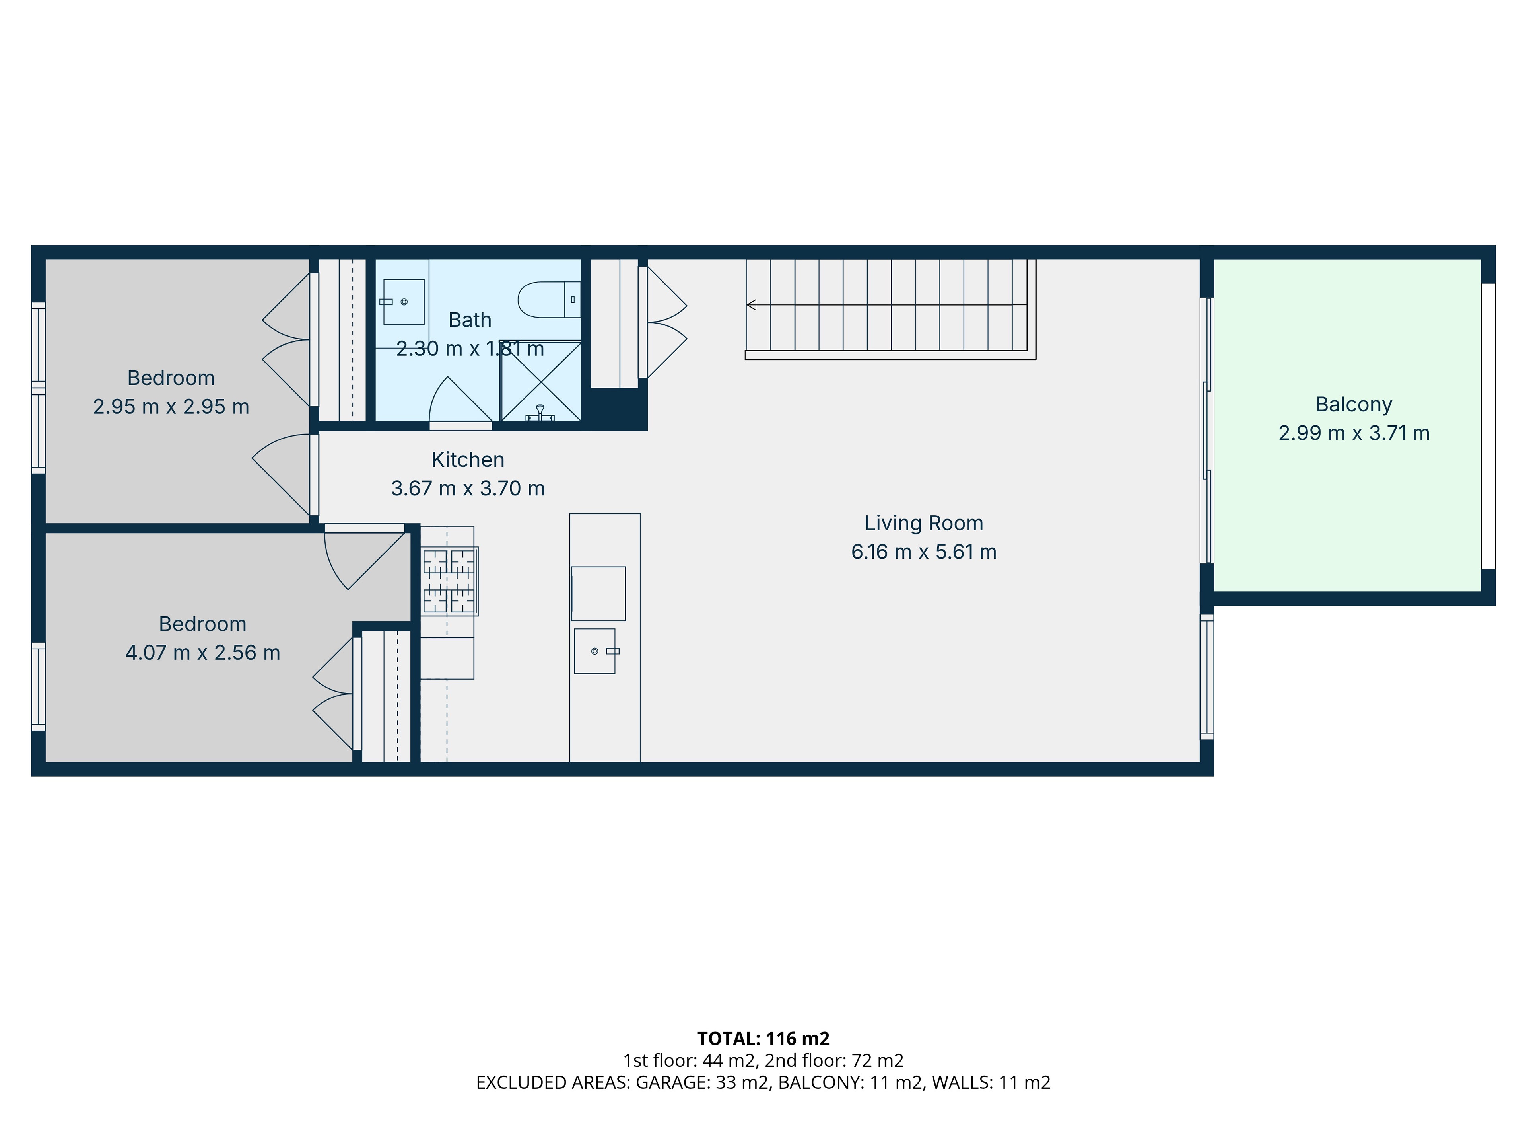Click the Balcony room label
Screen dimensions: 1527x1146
point(1353,404)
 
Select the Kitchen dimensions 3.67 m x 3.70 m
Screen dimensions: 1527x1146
point(468,488)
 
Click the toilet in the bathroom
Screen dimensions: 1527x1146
point(550,299)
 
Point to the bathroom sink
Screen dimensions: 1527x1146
point(404,302)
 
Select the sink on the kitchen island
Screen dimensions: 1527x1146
point(595,651)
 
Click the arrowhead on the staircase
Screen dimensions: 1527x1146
point(751,305)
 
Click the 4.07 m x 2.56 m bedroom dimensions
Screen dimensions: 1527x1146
point(202,653)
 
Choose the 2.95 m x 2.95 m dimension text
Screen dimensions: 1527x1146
point(171,407)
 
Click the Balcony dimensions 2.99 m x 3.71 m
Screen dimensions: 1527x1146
point(1354,433)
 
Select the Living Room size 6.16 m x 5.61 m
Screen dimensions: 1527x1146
point(924,552)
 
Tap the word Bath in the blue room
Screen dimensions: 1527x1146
point(470,320)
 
